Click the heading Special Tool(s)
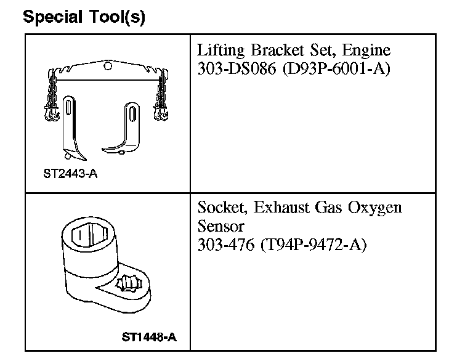click(x=84, y=17)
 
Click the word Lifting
click(x=220, y=51)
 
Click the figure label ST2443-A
click(x=71, y=174)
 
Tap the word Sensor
click(x=221, y=225)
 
